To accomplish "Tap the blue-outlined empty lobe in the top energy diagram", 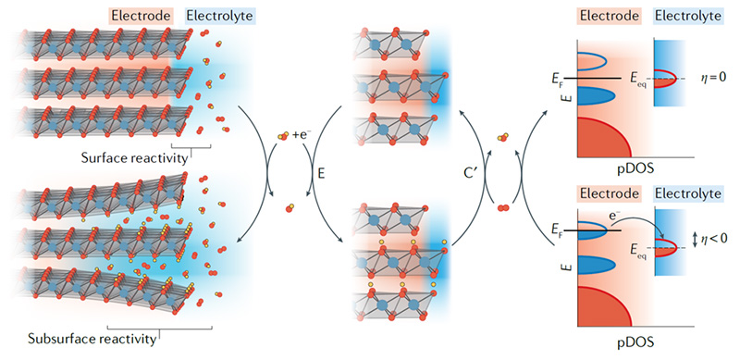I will click(x=606, y=62).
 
